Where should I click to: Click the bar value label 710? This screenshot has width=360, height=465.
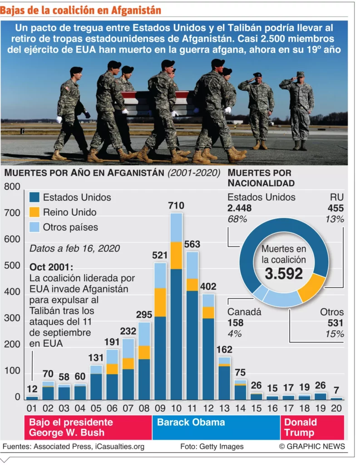pyautogui.click(x=176, y=206)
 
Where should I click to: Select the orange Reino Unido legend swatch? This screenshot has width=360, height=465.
pyautogui.click(x=34, y=212)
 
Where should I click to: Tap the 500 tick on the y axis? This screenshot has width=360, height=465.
pyautogui.click(x=12, y=265)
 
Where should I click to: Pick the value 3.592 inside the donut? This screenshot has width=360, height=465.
pyautogui.click(x=284, y=273)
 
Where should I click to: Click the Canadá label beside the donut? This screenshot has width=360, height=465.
pyautogui.click(x=244, y=312)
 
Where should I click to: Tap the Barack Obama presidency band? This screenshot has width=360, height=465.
pyautogui.click(x=216, y=426)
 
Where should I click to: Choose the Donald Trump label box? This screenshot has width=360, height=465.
pyautogui.click(x=312, y=427)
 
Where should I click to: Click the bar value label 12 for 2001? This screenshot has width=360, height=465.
pyautogui.click(x=32, y=388)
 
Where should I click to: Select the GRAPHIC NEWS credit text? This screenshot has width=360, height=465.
pyautogui.click(x=312, y=446)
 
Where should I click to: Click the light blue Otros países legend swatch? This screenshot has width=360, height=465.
pyautogui.click(x=34, y=227)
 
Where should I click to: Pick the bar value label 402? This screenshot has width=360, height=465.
pyautogui.click(x=208, y=287)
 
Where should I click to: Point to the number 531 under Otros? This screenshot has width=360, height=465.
pyautogui.click(x=335, y=323)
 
